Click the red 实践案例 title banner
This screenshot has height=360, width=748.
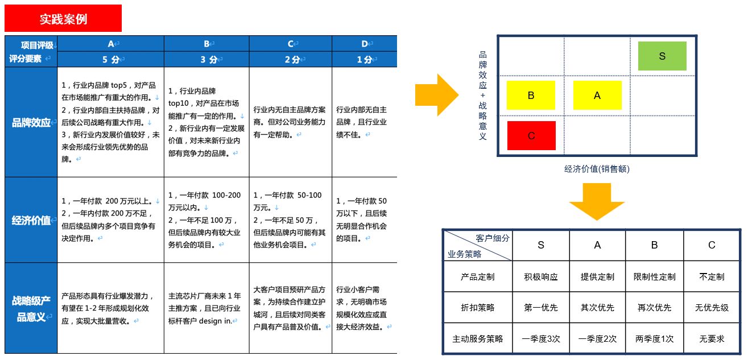(63, 19)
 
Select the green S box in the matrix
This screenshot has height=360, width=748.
(662, 56)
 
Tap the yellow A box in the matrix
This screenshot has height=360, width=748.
(597, 95)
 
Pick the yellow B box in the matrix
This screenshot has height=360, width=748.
(531, 95)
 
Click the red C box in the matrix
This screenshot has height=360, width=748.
(531, 135)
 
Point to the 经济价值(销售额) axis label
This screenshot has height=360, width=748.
(597, 169)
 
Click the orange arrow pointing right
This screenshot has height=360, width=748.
(436, 94)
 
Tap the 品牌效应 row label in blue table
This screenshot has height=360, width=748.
(31, 122)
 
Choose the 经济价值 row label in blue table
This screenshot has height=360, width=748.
(31, 220)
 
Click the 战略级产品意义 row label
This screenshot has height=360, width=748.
(31, 308)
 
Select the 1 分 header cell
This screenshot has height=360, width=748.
(365, 59)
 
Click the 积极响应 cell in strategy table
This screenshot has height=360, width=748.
(540, 277)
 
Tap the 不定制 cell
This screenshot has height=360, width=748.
(712, 277)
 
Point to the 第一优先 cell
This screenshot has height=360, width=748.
(540, 308)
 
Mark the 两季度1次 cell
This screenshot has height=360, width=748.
(654, 339)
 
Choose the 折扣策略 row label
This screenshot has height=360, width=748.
(477, 308)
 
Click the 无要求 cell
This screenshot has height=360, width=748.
(712, 339)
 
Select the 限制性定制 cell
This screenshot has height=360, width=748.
(654, 277)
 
